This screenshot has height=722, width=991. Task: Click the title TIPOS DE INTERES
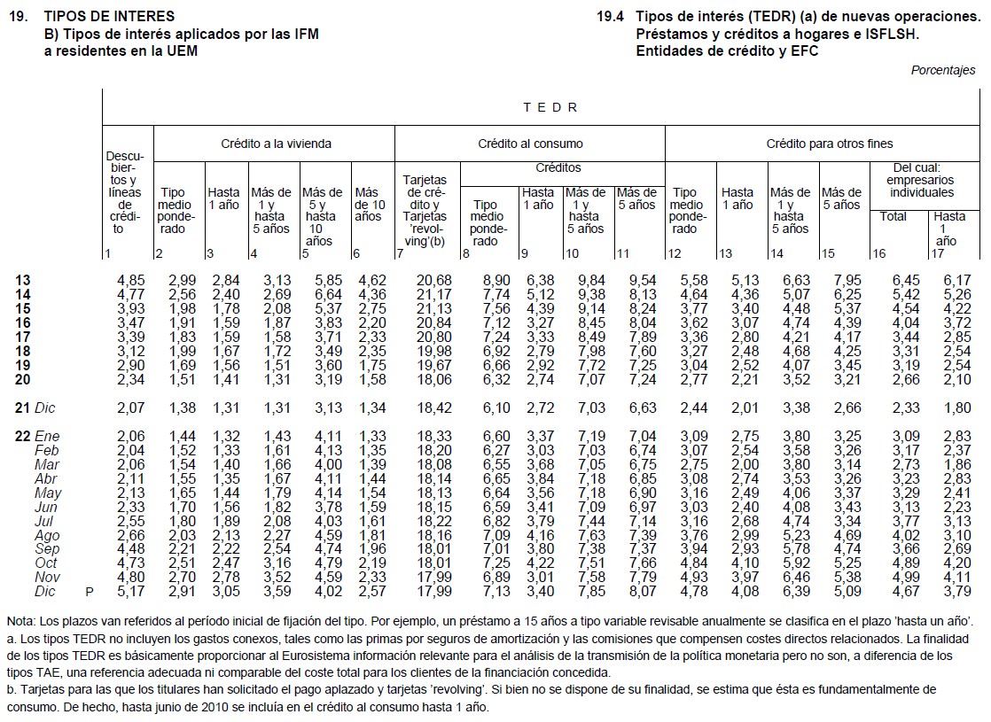coord(109,16)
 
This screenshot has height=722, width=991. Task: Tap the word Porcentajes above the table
coord(943,71)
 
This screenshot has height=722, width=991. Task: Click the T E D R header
coord(550,107)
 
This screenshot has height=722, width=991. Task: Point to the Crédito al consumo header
coord(530,144)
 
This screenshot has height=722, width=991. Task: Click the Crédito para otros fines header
coord(829,144)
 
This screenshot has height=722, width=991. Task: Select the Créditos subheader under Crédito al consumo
coord(558,167)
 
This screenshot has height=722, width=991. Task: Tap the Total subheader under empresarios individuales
coord(893,216)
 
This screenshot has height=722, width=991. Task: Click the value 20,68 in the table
coord(434,281)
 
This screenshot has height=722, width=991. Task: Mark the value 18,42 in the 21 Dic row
coord(434,408)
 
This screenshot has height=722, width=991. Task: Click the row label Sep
coord(46,549)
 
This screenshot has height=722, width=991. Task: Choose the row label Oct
coord(45,563)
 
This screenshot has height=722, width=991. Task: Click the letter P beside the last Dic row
coord(88,592)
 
